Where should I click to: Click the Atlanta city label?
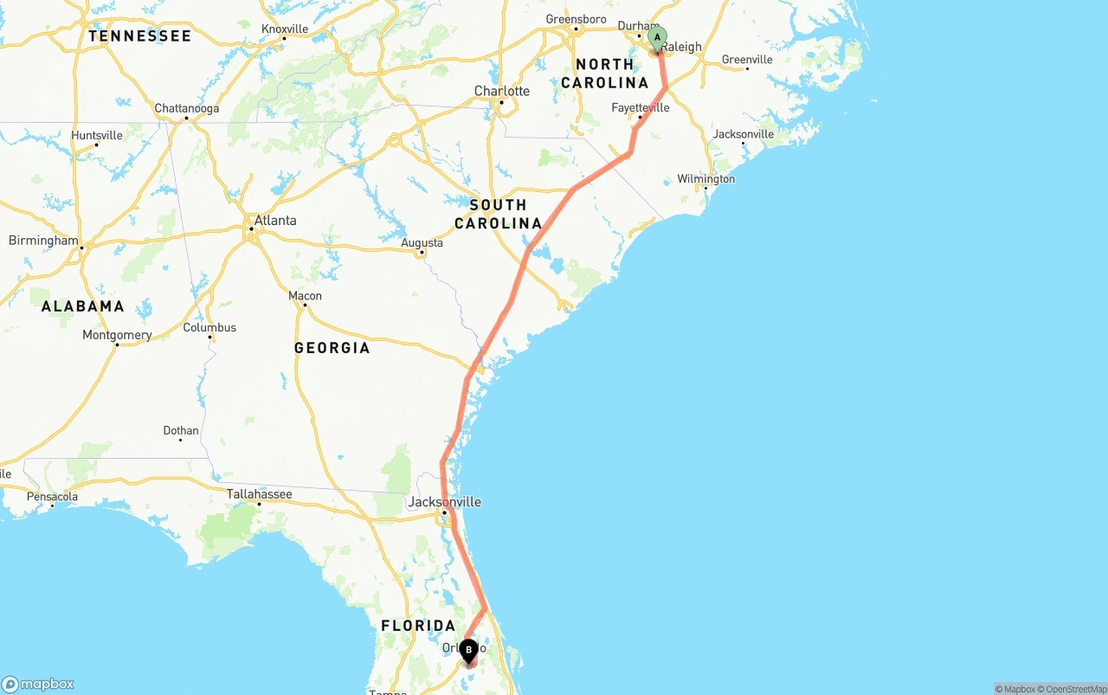275,221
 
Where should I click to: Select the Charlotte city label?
501,91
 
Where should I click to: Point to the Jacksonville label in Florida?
444,502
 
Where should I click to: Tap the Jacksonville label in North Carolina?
743,134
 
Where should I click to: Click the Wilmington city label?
705,179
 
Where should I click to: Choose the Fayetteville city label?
640,108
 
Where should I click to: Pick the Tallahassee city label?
259,494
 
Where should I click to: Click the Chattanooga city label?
186,109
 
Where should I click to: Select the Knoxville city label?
284,29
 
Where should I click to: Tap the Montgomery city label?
117,335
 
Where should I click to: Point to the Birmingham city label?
43,241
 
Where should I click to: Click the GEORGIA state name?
332,348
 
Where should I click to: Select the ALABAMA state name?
83,306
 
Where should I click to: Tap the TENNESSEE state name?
139,36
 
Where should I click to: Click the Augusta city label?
422,243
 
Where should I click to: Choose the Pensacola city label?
53,497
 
